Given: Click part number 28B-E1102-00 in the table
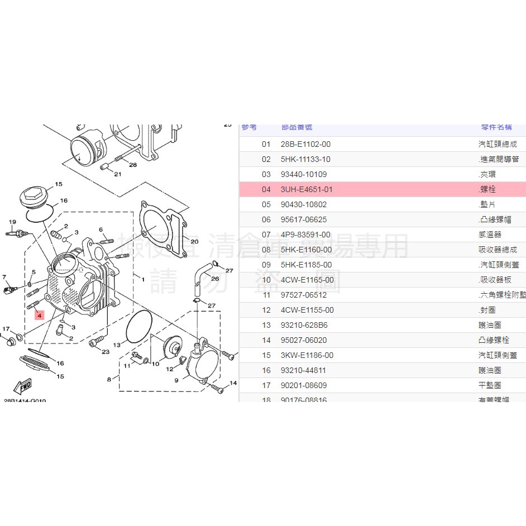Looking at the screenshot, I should coord(305,144).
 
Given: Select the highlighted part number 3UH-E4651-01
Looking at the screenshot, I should coord(307,189).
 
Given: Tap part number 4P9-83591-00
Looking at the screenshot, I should coord(305,235).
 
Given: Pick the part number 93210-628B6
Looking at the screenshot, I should coord(304,325).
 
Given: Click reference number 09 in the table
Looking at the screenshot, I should coord(266,265).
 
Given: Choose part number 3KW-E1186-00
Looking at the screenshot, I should coord(307,355).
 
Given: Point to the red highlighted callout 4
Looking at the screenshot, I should coord(39,315).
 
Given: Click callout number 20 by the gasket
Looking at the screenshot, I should coord(194,242).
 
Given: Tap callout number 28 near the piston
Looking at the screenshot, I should coord(132,165).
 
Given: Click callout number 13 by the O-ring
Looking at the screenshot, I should coord(117,345).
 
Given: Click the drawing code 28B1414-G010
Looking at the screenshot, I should coord(25,401).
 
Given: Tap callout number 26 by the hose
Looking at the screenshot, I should coord(215,278).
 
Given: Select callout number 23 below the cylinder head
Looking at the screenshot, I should coord(106,351).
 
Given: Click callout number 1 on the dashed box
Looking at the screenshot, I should coord(143,279).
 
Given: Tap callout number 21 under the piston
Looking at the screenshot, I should coord(117,174).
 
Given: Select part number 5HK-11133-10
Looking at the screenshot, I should coord(305,159).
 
